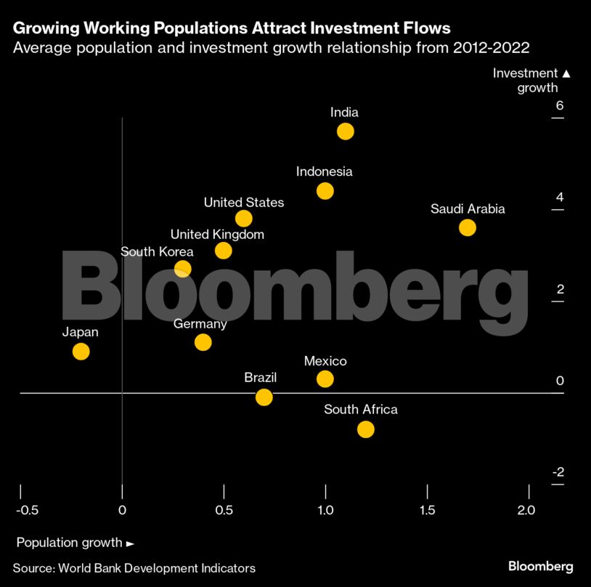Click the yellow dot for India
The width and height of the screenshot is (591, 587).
coord(346,131)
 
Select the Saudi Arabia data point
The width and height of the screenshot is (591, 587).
coord(468,227)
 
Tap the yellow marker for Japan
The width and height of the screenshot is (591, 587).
coord(81,352)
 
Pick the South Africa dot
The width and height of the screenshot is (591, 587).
coord(366,429)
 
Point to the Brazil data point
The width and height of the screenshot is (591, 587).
coord(264,397)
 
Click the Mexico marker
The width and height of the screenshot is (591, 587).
coord(325,378)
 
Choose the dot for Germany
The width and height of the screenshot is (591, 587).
coord(203,342)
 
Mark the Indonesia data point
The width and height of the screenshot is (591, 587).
coord(325,191)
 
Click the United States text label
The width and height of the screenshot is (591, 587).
coord(244,202)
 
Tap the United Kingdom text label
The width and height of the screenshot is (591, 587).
coord(217,235)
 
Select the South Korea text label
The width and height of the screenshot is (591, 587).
coord(156,252)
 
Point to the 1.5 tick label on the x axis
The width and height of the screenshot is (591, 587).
coord(427,510)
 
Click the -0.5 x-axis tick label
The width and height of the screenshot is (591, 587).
coord(27,510)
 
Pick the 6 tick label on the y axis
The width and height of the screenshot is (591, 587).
coord(559,106)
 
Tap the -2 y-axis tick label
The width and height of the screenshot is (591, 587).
coord(558,472)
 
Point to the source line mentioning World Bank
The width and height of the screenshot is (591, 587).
coord(134,568)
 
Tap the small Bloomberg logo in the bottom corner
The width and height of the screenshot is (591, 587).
coord(540,567)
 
